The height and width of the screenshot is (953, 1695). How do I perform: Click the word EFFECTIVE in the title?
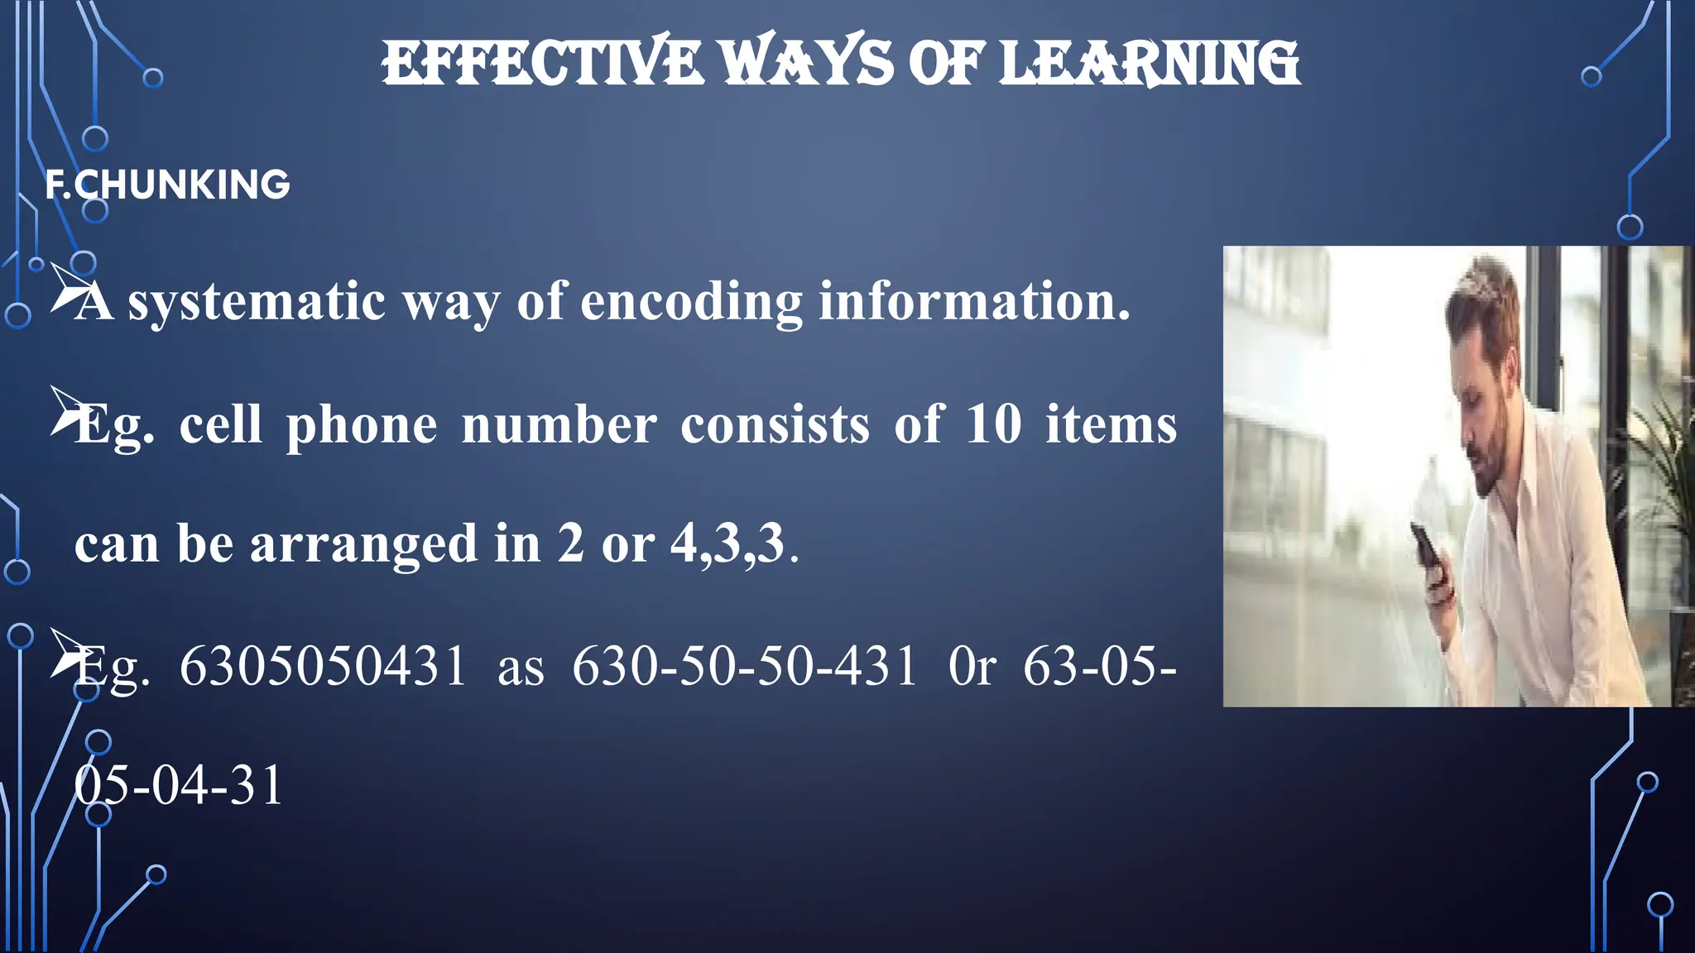point(542,64)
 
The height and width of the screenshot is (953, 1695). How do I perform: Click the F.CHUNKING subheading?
point(168,184)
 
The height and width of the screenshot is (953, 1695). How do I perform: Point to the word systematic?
point(257,301)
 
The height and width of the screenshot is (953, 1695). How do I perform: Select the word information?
point(974,301)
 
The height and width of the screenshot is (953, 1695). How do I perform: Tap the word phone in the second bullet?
point(362,425)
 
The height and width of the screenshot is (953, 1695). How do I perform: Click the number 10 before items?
point(993,425)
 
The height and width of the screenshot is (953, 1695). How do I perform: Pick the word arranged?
point(363,544)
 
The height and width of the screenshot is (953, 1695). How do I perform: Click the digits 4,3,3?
point(727,544)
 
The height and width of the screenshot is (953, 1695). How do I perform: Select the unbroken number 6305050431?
point(324,667)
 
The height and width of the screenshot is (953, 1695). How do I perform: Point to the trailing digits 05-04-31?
point(179,786)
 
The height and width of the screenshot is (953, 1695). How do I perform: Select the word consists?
point(775,425)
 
